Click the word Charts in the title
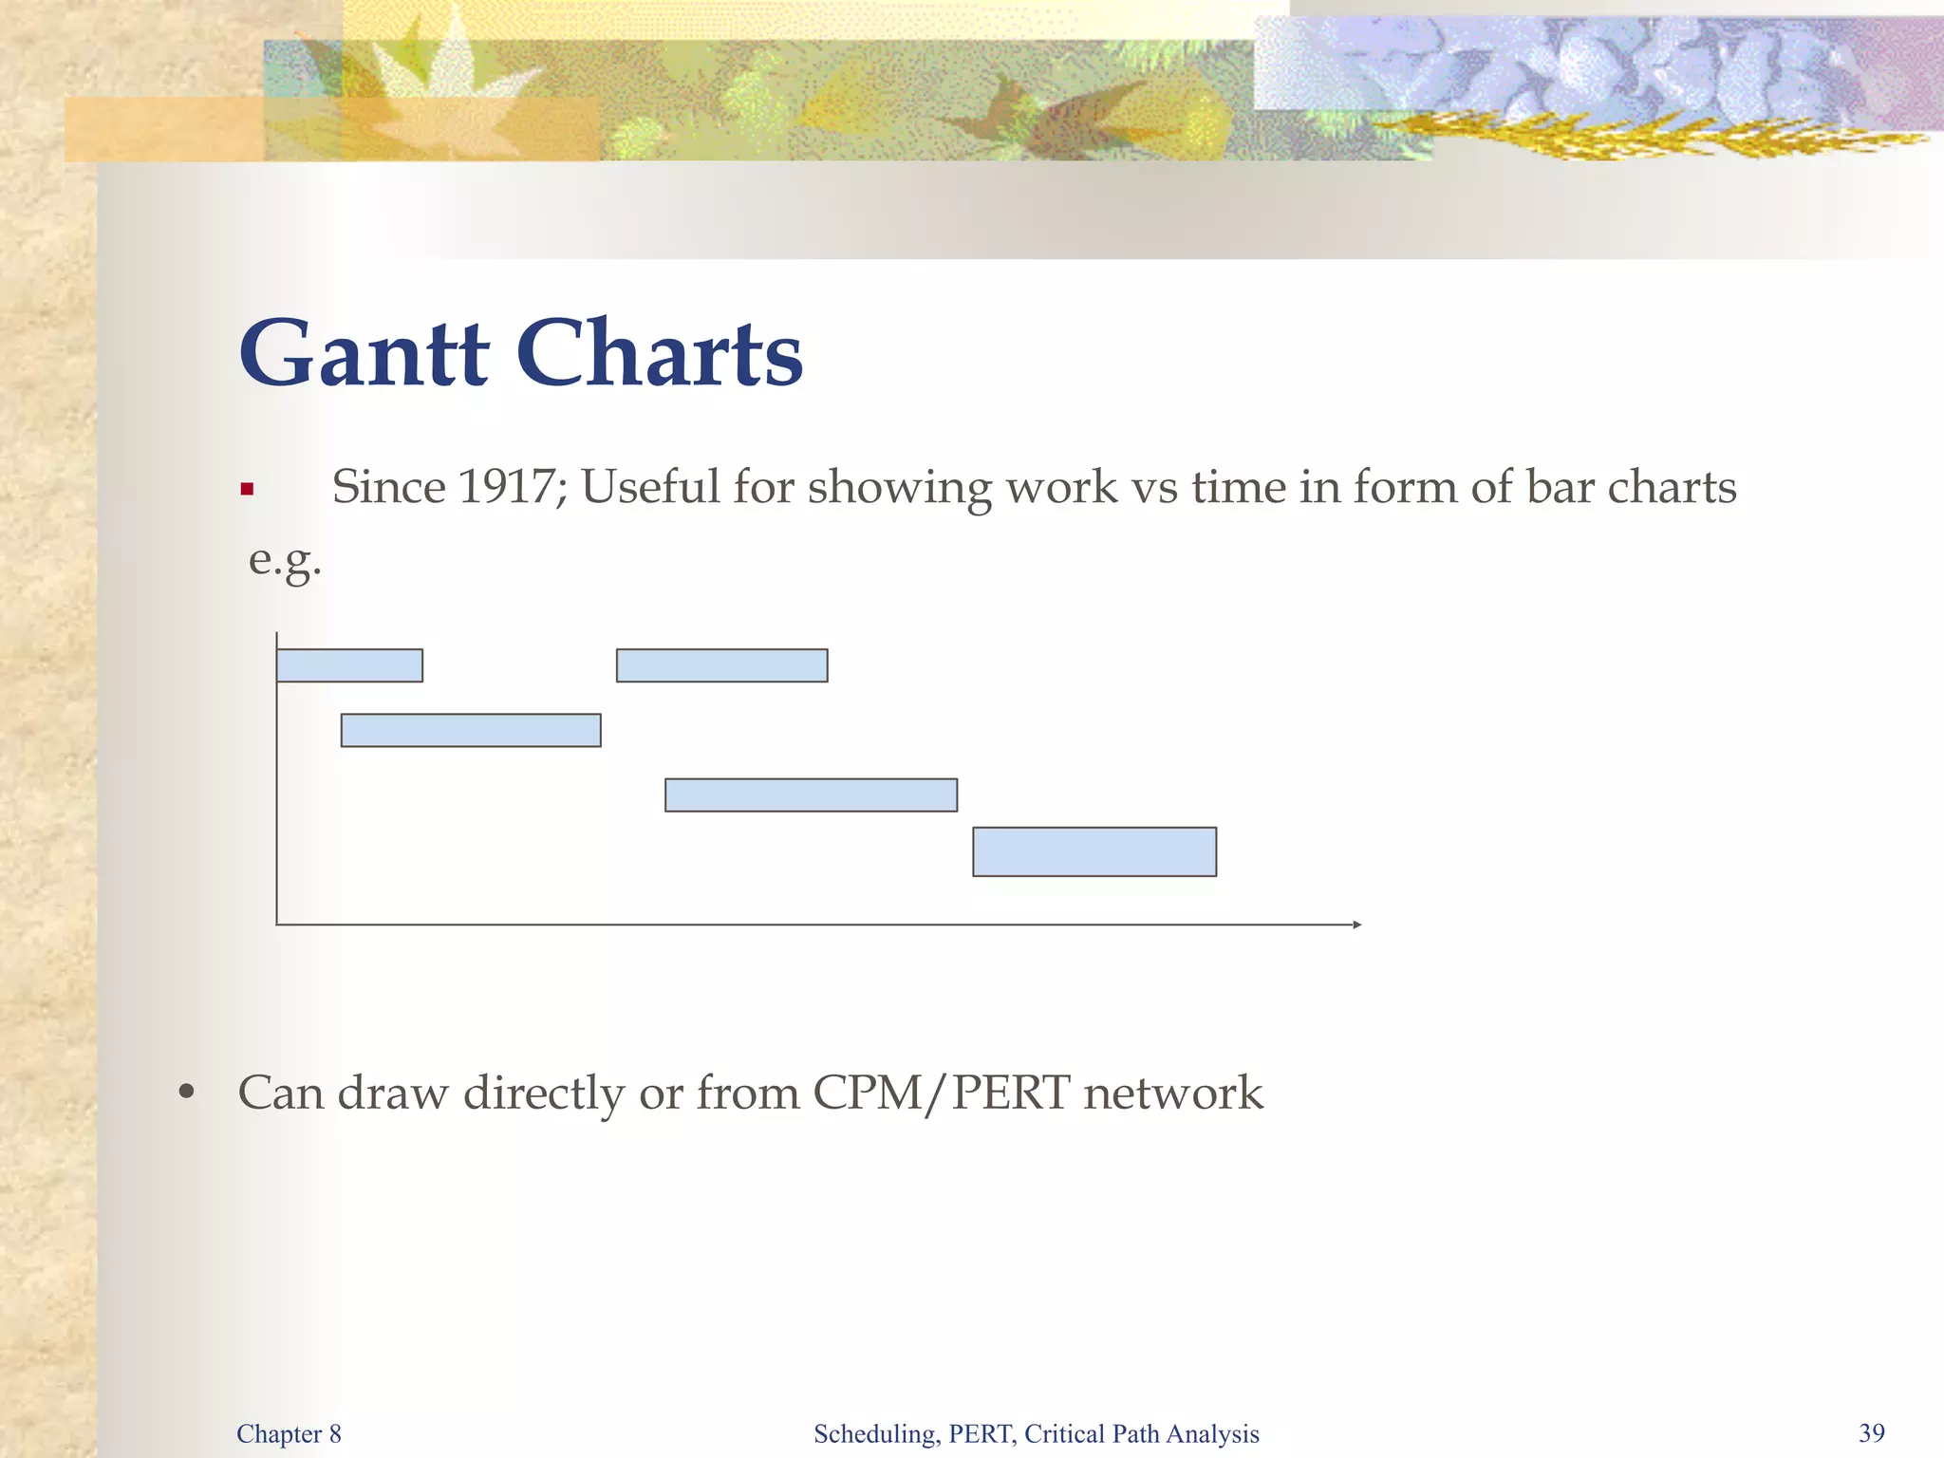click(x=660, y=354)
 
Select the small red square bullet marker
click(x=247, y=490)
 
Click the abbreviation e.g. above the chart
click(x=285, y=560)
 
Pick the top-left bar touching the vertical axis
click(x=349, y=665)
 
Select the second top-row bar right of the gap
click(x=721, y=665)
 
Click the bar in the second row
click(x=471, y=730)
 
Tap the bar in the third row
click(x=811, y=795)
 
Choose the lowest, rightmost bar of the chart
click(x=1094, y=851)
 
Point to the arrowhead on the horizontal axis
click(x=1356, y=925)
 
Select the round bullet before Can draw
click(x=187, y=1093)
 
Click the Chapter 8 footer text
click(x=289, y=1433)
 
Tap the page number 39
click(x=1872, y=1432)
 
